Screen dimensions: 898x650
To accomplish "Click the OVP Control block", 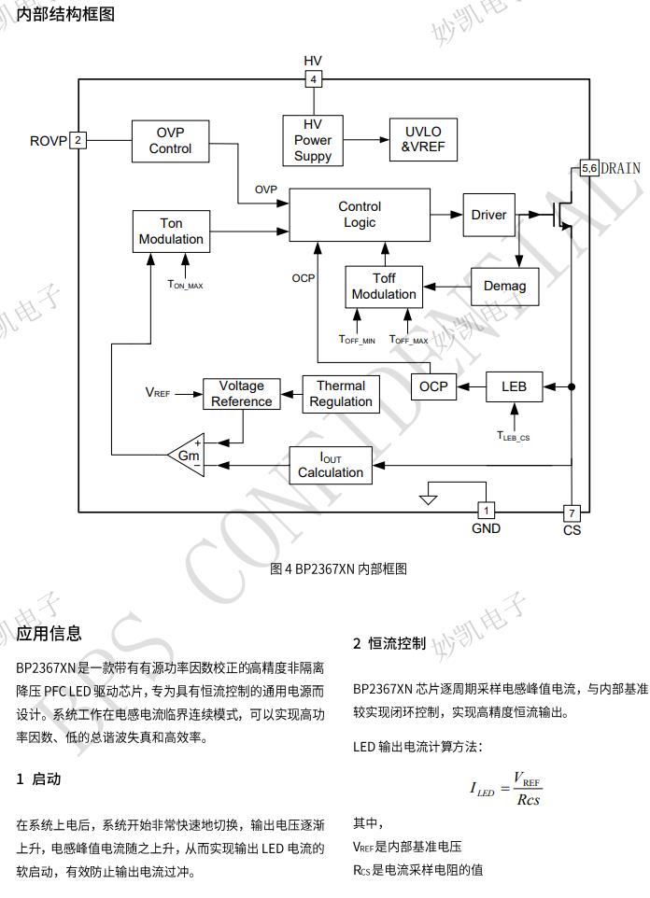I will [171, 141].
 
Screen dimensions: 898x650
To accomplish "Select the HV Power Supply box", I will [313, 140].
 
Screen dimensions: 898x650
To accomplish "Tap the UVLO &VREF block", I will [422, 140].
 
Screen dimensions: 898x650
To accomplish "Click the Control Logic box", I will [360, 215].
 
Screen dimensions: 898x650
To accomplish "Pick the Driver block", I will [488, 215].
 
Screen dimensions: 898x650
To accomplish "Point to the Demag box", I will [505, 286].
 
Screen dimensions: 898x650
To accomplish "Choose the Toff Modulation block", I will [384, 287].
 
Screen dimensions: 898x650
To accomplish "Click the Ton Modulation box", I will [171, 232].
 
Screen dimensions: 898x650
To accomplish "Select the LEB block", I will [514, 386].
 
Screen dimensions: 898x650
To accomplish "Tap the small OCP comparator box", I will [433, 386].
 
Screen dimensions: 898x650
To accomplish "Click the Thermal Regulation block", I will [341, 394].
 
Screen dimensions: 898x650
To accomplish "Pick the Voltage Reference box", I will [241, 394].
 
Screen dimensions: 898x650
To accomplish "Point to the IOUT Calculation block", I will [331, 465].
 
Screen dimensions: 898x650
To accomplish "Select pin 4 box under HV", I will [314, 79].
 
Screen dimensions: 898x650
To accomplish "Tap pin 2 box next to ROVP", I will [78, 141].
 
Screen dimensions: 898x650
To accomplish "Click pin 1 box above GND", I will [486, 511].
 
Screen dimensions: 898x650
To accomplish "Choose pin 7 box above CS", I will [572, 512].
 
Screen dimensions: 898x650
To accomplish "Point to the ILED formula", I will [505, 789].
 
